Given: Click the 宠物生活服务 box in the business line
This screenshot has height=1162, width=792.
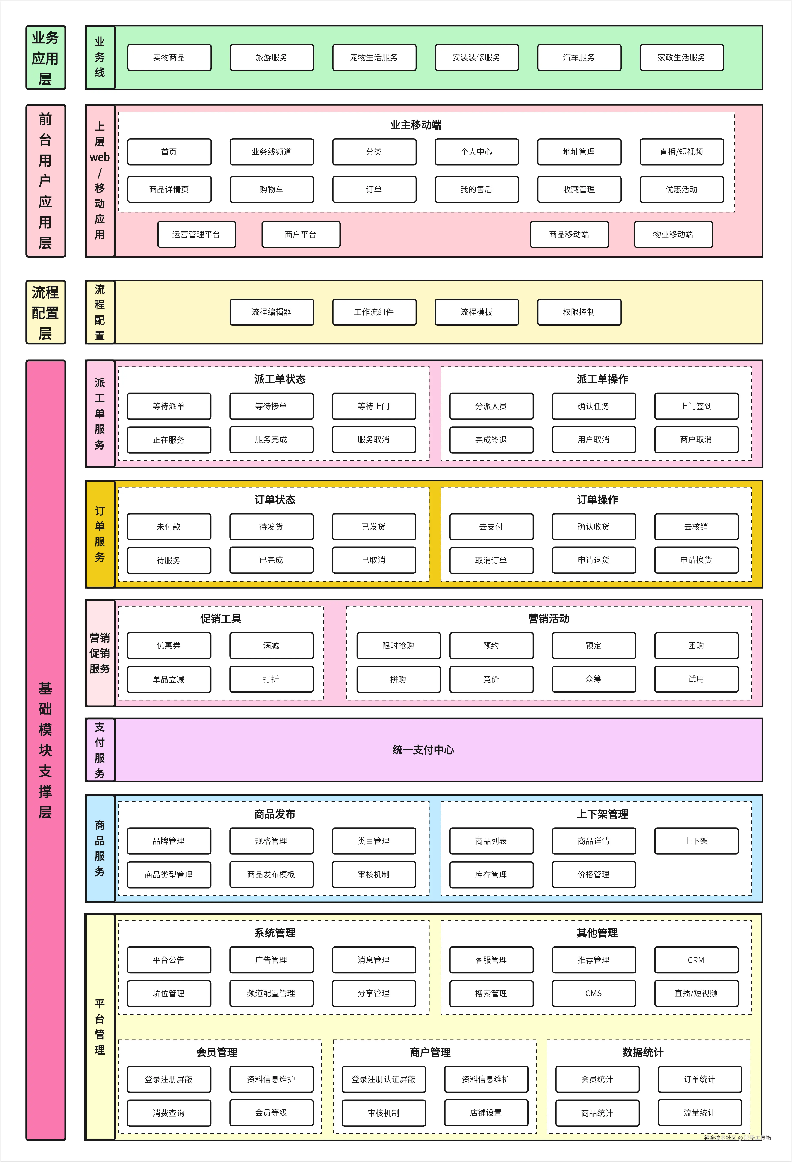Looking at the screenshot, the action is pos(374,57).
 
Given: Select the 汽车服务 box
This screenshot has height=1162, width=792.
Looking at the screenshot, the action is pos(579,57).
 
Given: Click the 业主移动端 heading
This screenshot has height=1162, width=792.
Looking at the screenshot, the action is pos(416,125).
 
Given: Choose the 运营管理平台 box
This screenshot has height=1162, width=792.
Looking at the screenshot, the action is pos(196,234).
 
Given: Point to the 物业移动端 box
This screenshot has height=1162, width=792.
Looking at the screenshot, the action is pos(673,234).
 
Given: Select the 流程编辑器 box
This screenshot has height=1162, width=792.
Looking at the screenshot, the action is pos(272,312).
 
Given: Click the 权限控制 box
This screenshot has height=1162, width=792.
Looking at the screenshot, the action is pos(579,312).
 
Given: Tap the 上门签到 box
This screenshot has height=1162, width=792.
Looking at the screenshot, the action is pos(696,406).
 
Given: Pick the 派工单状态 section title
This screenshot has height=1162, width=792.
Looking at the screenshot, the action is pos(280,379).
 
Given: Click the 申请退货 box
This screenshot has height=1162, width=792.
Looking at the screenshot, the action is pos(594,560).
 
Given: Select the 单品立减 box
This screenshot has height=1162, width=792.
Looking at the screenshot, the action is pos(168,679).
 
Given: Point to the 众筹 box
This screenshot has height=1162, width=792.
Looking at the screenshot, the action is pos(594,679).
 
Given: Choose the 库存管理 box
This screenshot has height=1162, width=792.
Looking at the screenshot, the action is pos(491,874).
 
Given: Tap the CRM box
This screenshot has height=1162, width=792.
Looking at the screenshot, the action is pos(696,960).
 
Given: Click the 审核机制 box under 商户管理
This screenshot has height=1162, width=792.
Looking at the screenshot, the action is pos(384,1113).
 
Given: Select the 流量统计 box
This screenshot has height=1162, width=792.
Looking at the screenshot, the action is pos(700,1113).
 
